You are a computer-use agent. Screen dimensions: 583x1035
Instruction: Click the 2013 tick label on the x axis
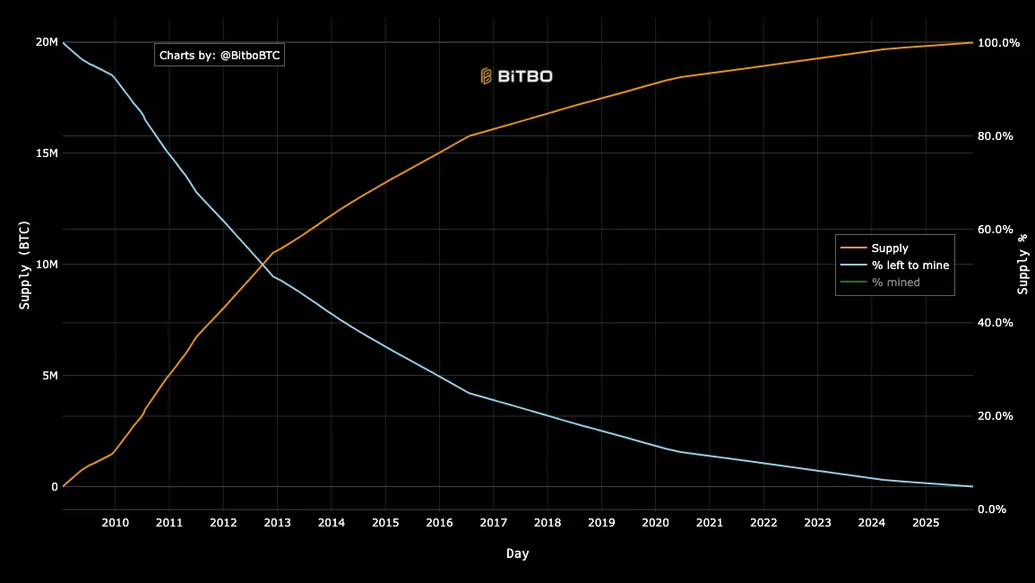coord(277,523)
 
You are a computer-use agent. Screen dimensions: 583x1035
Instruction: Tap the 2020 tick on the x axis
coord(655,523)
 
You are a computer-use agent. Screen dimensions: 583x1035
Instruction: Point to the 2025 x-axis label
coord(926,523)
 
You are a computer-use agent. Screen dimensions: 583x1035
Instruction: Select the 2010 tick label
coord(115,523)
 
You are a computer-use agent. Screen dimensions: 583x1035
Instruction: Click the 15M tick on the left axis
coord(47,153)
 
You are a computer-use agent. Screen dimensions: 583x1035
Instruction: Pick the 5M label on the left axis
coord(49,376)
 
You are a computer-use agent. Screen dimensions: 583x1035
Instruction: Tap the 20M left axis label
coord(47,42)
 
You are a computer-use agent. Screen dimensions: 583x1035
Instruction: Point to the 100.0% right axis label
coord(998,43)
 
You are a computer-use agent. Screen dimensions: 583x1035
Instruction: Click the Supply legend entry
coord(889,248)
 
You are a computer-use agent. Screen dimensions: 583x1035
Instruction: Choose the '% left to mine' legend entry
coord(910,265)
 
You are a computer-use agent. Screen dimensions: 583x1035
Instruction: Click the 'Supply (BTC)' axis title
coord(25,265)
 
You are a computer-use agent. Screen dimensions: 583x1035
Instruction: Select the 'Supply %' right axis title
coord(1022,265)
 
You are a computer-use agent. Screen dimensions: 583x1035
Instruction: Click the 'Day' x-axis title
coord(517,554)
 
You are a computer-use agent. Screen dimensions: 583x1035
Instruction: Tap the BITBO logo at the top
coord(517,76)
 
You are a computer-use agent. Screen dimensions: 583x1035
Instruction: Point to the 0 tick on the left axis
coord(54,487)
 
